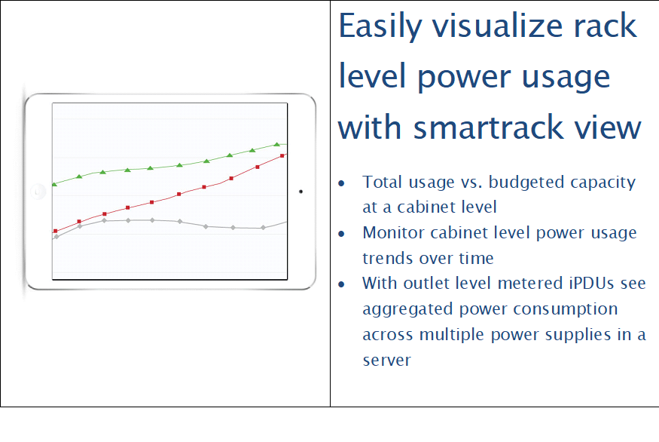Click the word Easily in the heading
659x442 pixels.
pyautogui.click(x=380, y=27)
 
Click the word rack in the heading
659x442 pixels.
pyautogui.click(x=606, y=26)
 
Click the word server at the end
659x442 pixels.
pyautogui.click(x=386, y=361)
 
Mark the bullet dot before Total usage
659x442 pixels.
pyautogui.click(x=341, y=183)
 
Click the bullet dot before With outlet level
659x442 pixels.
pyautogui.click(x=341, y=284)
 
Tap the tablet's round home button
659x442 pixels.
pyautogui.click(x=38, y=192)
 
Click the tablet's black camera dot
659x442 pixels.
pyautogui.click(x=301, y=192)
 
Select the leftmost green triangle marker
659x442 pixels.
pyautogui.click(x=54, y=184)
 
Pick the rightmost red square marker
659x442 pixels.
pyautogui.click(x=282, y=155)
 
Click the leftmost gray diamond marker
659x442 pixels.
pyautogui.click(x=56, y=237)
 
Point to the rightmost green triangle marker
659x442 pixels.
pyautogui.click(x=276, y=144)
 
